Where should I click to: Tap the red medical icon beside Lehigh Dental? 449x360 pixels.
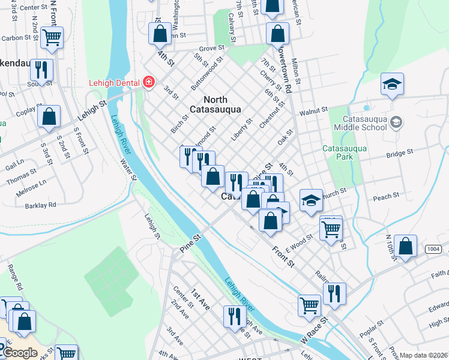click(x=148, y=82)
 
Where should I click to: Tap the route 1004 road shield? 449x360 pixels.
click(x=433, y=248)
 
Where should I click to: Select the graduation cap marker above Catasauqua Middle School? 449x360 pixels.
click(x=392, y=85)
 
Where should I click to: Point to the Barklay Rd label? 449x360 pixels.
click(x=41, y=205)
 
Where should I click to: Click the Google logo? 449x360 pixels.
click(x=19, y=353)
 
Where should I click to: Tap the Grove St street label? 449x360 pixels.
click(x=211, y=47)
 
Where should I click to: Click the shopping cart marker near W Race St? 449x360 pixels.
click(x=309, y=305)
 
